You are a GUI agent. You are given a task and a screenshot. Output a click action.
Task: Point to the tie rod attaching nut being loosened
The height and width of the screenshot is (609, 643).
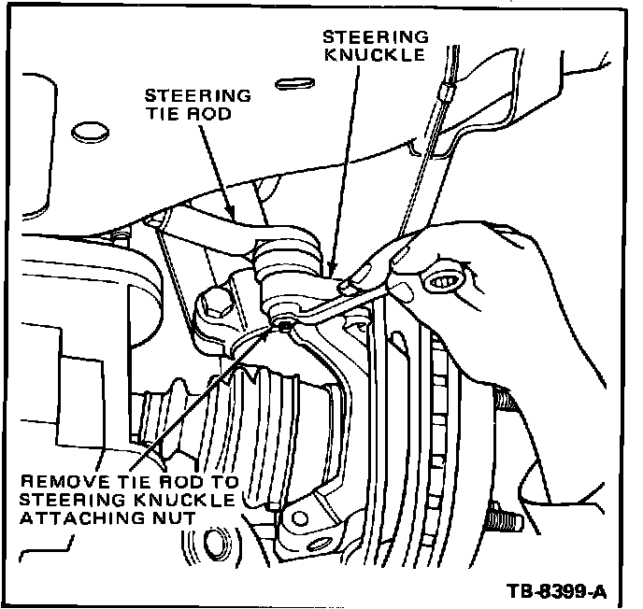pos(284,323)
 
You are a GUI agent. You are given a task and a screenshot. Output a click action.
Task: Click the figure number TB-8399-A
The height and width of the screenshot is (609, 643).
pos(558,590)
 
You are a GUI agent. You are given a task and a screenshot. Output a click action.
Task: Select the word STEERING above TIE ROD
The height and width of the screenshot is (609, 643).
pos(198,96)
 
